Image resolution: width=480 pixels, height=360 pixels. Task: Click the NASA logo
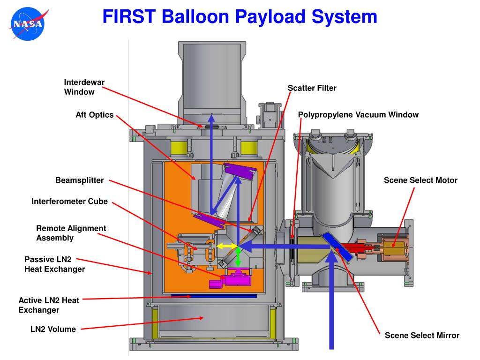tap(29, 24)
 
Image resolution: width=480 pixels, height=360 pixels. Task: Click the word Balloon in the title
tap(195, 16)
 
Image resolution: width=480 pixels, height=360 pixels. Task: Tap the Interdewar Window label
tap(84, 87)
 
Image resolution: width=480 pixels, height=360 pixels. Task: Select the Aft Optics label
tap(95, 115)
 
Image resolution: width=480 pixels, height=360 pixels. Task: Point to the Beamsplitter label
tap(80, 180)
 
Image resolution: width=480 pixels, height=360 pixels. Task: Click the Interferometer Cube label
tap(69, 201)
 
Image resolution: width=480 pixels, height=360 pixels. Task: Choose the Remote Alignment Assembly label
tap(71, 233)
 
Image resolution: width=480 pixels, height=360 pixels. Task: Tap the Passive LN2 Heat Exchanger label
tap(55, 264)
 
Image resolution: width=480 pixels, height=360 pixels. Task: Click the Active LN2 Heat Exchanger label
tap(49, 305)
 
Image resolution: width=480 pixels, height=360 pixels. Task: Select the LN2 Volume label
tap(53, 329)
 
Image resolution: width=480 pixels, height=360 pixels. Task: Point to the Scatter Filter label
tap(312, 88)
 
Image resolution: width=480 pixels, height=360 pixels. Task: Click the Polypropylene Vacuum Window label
tap(358, 115)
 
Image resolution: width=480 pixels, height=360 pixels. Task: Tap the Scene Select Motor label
tap(420, 180)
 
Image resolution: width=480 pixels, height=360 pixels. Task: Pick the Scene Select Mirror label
tap(422, 335)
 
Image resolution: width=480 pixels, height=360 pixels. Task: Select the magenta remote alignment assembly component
tap(230, 278)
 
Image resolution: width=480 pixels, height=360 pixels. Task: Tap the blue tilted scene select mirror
tap(337, 247)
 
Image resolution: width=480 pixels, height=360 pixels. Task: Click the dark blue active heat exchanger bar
tap(214, 296)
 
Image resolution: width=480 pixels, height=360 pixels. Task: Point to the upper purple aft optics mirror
tap(240, 171)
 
